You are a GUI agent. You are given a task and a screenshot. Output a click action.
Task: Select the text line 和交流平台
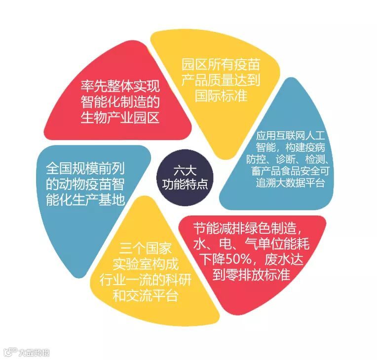click(147, 296)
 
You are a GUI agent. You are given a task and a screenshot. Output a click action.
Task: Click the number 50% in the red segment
click(238, 258)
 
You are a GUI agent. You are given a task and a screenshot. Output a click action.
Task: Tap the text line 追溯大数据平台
click(290, 183)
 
